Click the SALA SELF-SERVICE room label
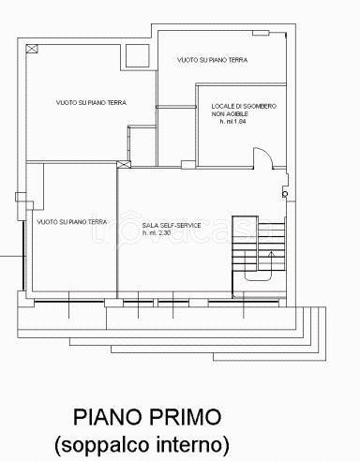coord(172,225)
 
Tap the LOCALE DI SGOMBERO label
coord(244,106)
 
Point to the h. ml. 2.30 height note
coord(157,233)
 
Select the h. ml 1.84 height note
coord(232,122)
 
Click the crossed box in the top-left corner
coord(32,49)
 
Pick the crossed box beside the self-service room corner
coord(124,164)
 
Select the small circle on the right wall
coord(285,194)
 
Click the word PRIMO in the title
coord(186,417)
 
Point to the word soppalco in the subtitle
coord(105,445)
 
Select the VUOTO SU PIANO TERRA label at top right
coord(212,60)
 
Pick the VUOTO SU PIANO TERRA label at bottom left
coord(72,222)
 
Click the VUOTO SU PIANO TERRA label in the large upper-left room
coord(91,102)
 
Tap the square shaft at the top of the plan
coord(137,55)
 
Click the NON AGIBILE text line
coord(230,114)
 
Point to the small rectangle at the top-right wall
coord(261,33)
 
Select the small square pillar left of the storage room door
coord(188,165)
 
